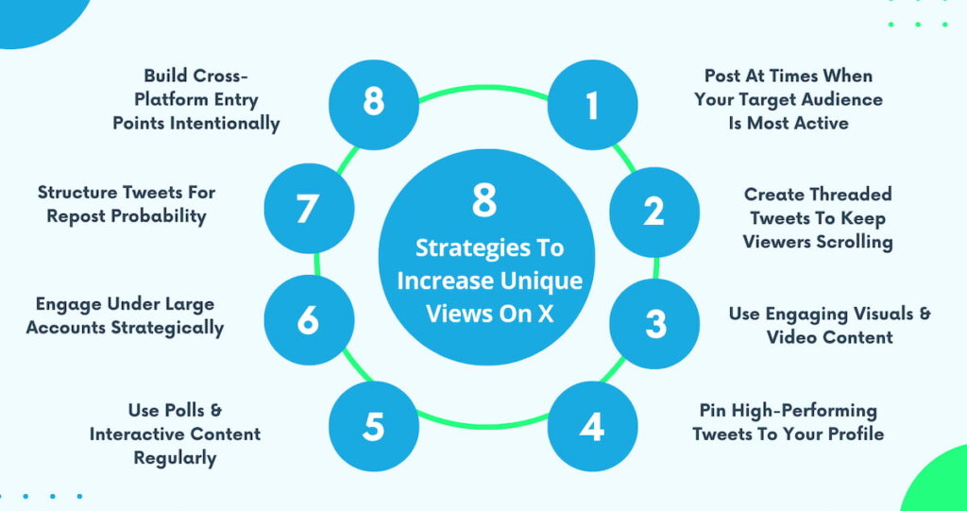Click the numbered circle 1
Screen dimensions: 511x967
pyautogui.click(x=592, y=106)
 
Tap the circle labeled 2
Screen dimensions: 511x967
pyautogui.click(x=653, y=212)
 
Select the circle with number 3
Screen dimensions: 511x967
pyautogui.click(x=654, y=323)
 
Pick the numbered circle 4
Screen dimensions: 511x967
pyautogui.click(x=592, y=427)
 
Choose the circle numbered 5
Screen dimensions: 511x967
pyautogui.click(x=374, y=427)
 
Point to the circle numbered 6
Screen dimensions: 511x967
pyautogui.click(x=308, y=321)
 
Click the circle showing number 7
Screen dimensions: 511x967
pyautogui.click(x=308, y=208)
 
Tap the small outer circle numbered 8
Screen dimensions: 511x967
pyautogui.click(x=374, y=102)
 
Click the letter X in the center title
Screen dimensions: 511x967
pyautogui.click(x=545, y=315)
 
